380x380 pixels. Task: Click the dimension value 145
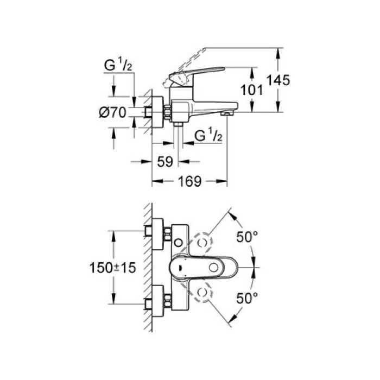point(278,80)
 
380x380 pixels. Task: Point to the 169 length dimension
point(190,181)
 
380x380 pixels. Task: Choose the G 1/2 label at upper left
point(118,67)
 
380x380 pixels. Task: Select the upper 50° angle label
point(248,238)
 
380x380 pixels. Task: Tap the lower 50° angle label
point(248,297)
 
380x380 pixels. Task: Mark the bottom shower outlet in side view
point(178,124)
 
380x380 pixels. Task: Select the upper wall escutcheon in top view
point(158,231)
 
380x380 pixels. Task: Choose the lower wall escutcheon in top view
point(158,300)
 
